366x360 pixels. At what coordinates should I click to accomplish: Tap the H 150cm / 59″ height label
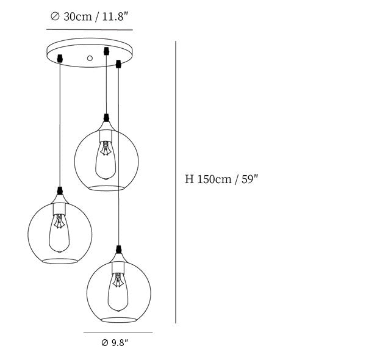coord(221,179)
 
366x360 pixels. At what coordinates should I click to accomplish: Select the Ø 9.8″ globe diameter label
coord(115,343)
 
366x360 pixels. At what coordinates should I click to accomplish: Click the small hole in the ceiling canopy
coord(90,58)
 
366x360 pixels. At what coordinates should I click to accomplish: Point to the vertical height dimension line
coord(176,182)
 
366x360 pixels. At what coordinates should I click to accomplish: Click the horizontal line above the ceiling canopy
coord(90,30)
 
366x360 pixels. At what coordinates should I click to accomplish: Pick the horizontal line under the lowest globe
coord(118,332)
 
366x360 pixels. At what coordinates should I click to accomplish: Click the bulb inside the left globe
coord(59,233)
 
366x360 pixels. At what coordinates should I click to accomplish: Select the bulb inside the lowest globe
coord(118,292)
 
